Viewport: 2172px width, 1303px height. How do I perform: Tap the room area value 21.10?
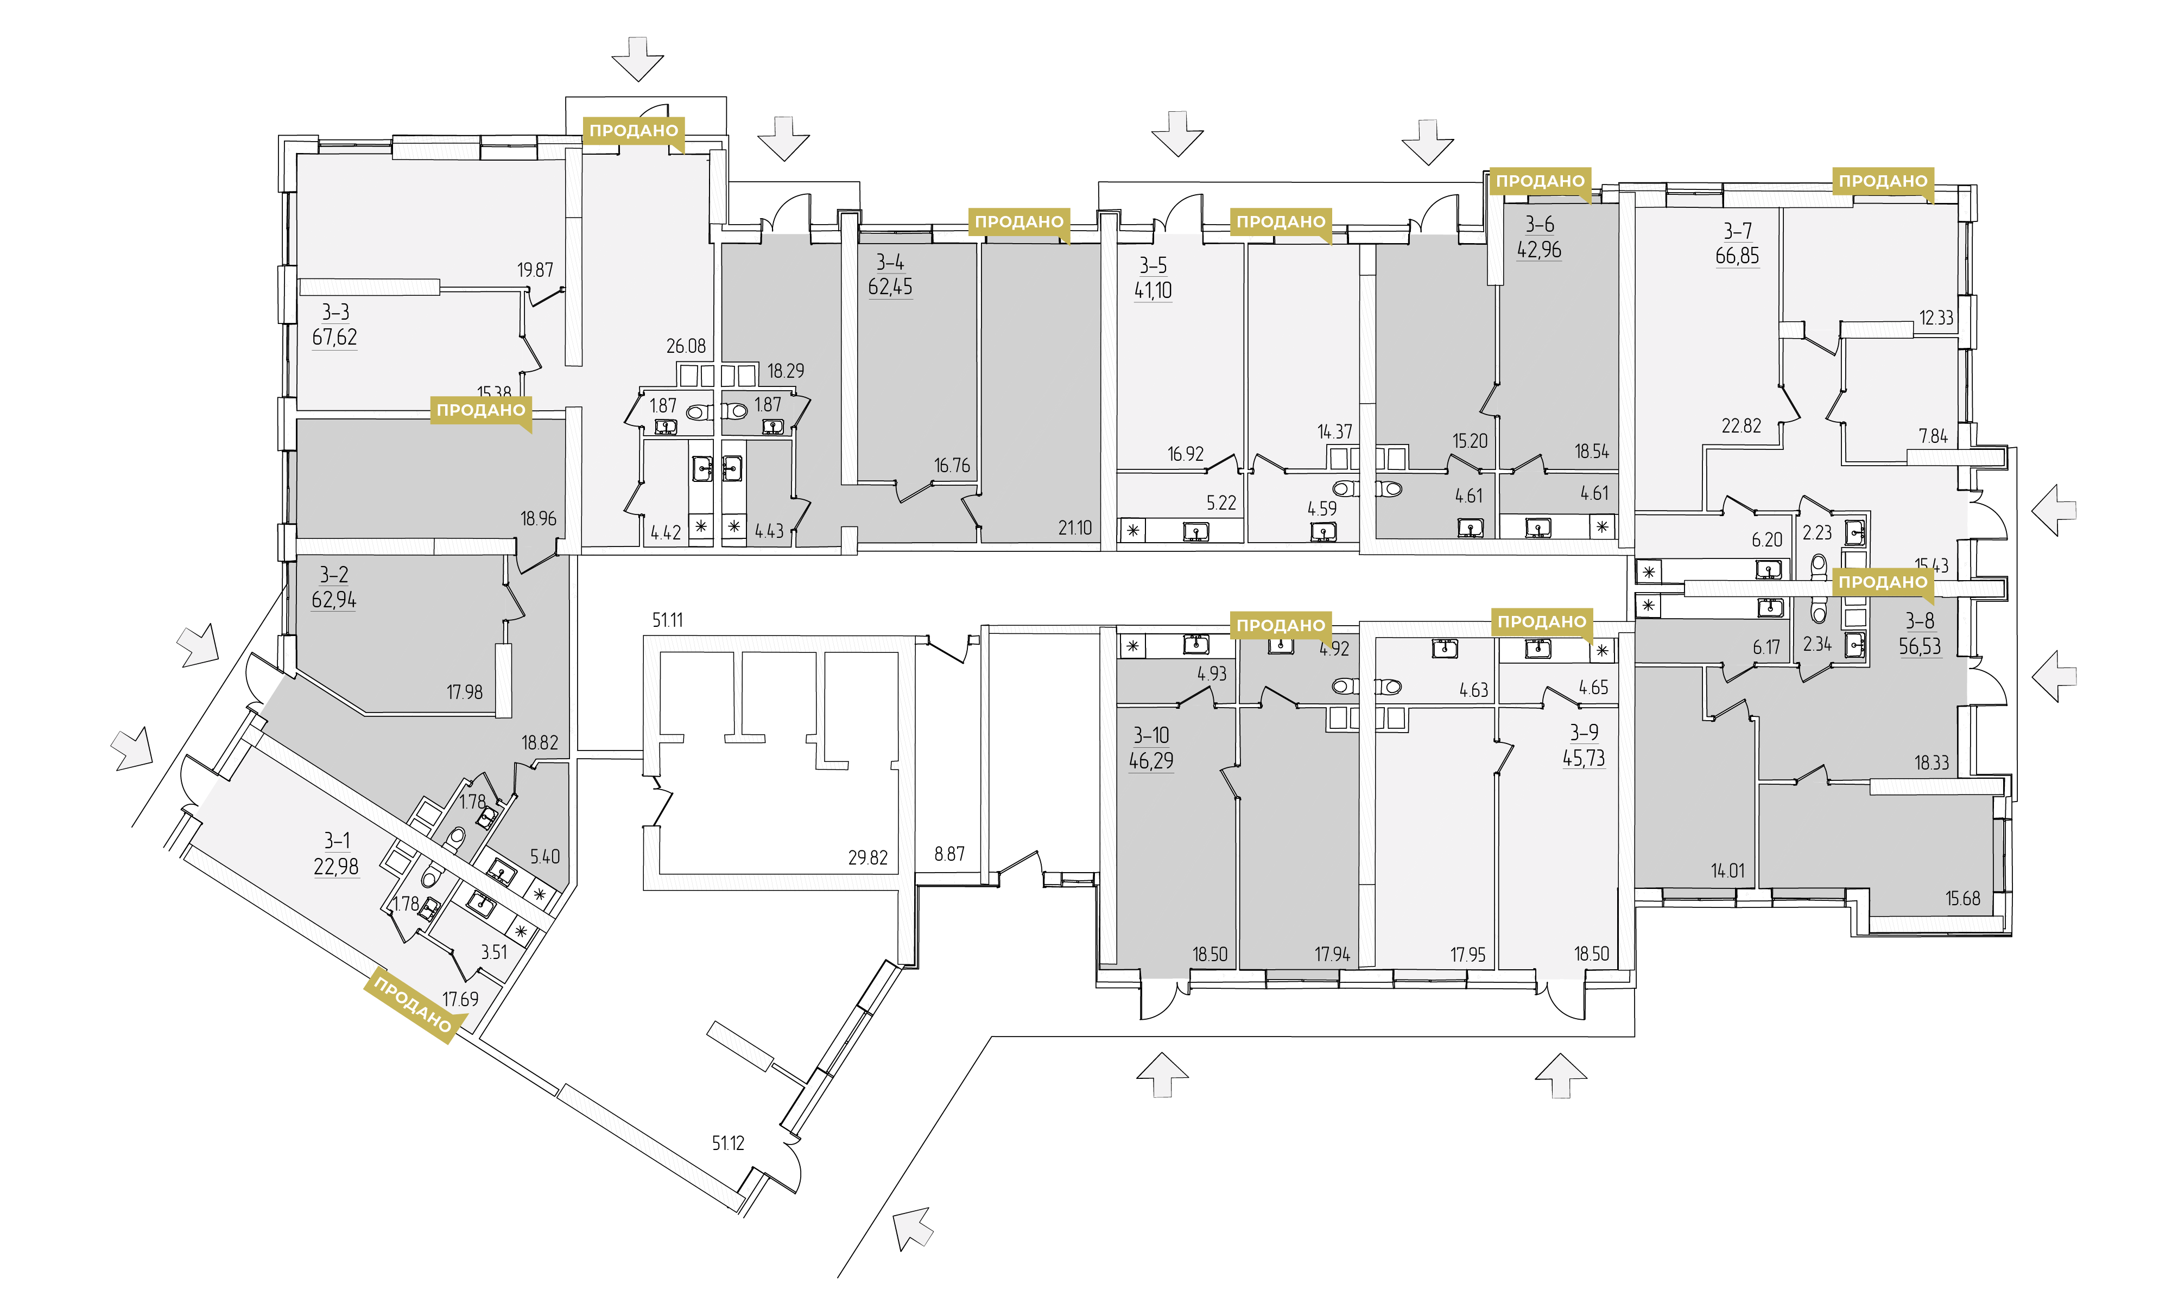click(x=1075, y=527)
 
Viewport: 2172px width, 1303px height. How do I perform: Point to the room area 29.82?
click(x=867, y=858)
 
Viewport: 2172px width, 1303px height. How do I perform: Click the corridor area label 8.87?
click(x=949, y=854)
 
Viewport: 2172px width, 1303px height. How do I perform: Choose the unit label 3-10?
click(x=1150, y=735)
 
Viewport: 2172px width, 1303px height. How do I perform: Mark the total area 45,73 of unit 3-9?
click(x=1584, y=758)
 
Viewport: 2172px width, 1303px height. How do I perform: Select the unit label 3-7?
click(x=1737, y=231)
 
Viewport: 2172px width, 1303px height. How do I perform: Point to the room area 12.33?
click(x=1936, y=318)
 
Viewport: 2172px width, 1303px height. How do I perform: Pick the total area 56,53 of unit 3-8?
click(x=1920, y=646)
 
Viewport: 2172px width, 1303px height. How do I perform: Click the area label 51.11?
click(x=668, y=620)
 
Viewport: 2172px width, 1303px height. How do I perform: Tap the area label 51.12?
click(x=728, y=1143)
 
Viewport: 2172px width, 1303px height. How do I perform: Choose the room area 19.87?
click(x=535, y=270)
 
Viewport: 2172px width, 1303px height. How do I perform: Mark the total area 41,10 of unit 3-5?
click(x=1153, y=291)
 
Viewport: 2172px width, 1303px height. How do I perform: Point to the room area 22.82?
click(x=1742, y=426)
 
